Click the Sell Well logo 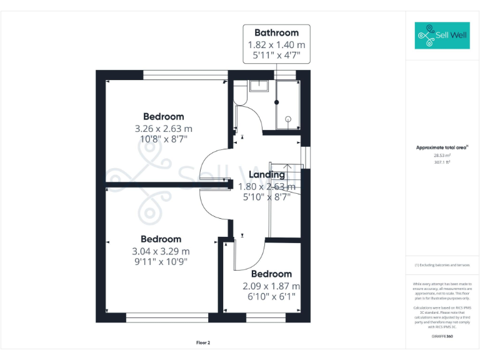442,36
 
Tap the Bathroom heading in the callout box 276,32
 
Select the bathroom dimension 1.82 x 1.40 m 276,44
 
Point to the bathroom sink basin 259,86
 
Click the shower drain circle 288,118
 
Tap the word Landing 267,174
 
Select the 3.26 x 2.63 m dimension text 163,128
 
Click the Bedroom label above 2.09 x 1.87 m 271,274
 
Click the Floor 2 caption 203,342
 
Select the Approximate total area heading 442,147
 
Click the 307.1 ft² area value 442,162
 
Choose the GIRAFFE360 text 442,336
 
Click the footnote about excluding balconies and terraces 442,265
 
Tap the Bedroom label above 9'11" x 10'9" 161,239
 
